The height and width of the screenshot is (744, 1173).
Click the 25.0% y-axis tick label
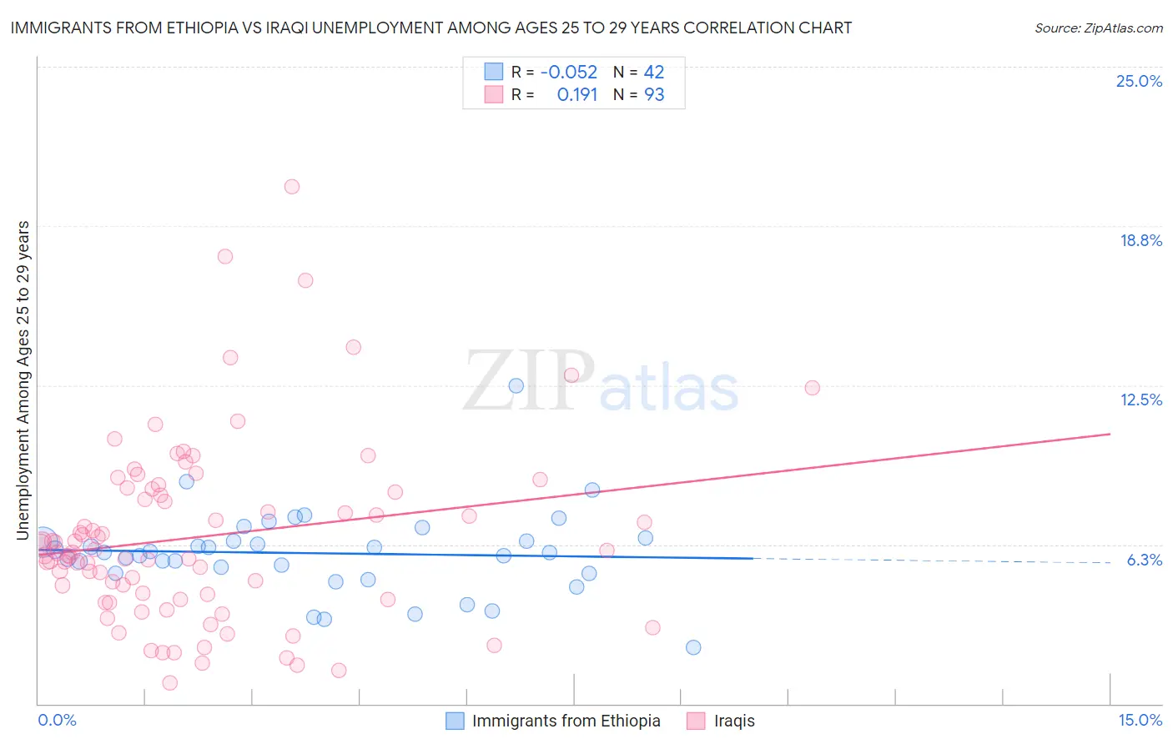coord(1139,81)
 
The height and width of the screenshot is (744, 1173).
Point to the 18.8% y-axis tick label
coord(1140,240)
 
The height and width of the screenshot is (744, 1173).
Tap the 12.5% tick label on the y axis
coord(1140,400)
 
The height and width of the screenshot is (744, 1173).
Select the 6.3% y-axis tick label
coord(1144,560)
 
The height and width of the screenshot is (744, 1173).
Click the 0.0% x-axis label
coord(57,720)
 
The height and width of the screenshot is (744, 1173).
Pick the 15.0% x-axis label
coord(1140,720)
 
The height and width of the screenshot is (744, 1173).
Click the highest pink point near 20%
coord(291,187)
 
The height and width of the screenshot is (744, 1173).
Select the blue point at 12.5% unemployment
coord(516,385)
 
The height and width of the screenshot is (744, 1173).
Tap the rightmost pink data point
coord(812,388)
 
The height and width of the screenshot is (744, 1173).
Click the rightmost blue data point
coord(692,647)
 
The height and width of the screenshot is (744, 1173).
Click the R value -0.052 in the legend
coord(569,73)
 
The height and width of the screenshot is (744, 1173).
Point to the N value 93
coord(654,95)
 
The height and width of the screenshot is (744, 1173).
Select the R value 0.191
coord(577,95)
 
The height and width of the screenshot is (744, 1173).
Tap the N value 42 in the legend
coord(654,73)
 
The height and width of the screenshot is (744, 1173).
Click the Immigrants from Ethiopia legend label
coord(566,721)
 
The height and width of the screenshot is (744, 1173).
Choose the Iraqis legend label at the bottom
coord(734,721)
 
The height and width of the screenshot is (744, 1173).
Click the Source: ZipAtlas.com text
coord(1098,28)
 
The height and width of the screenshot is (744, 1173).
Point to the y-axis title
coord(23,380)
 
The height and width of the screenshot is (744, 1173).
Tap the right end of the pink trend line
coord(1110,434)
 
